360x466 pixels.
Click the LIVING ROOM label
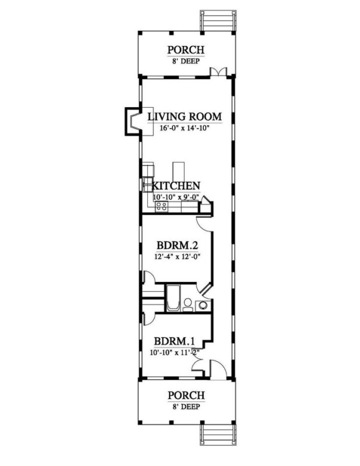[x=185, y=116]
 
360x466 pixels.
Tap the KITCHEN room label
[x=176, y=186]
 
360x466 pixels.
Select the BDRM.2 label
[x=177, y=246]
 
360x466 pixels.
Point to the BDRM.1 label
[x=174, y=341]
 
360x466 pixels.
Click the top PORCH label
[x=186, y=50]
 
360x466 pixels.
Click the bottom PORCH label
[x=186, y=396]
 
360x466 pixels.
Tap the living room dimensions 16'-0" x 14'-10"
[x=185, y=128]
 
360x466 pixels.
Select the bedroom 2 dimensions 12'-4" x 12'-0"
[x=177, y=256]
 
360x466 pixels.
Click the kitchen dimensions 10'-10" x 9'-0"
[x=177, y=197]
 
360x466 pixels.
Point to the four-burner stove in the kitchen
[x=161, y=206]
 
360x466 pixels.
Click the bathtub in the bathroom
[x=174, y=298]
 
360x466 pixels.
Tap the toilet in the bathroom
[x=188, y=305]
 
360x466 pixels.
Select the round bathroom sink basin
[x=203, y=305]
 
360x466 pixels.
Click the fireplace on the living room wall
[x=132, y=122]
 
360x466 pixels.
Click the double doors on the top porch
[x=218, y=72]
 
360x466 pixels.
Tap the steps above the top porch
[x=218, y=20]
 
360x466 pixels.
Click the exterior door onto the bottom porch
[x=218, y=370]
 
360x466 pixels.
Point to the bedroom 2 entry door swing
[x=204, y=224]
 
